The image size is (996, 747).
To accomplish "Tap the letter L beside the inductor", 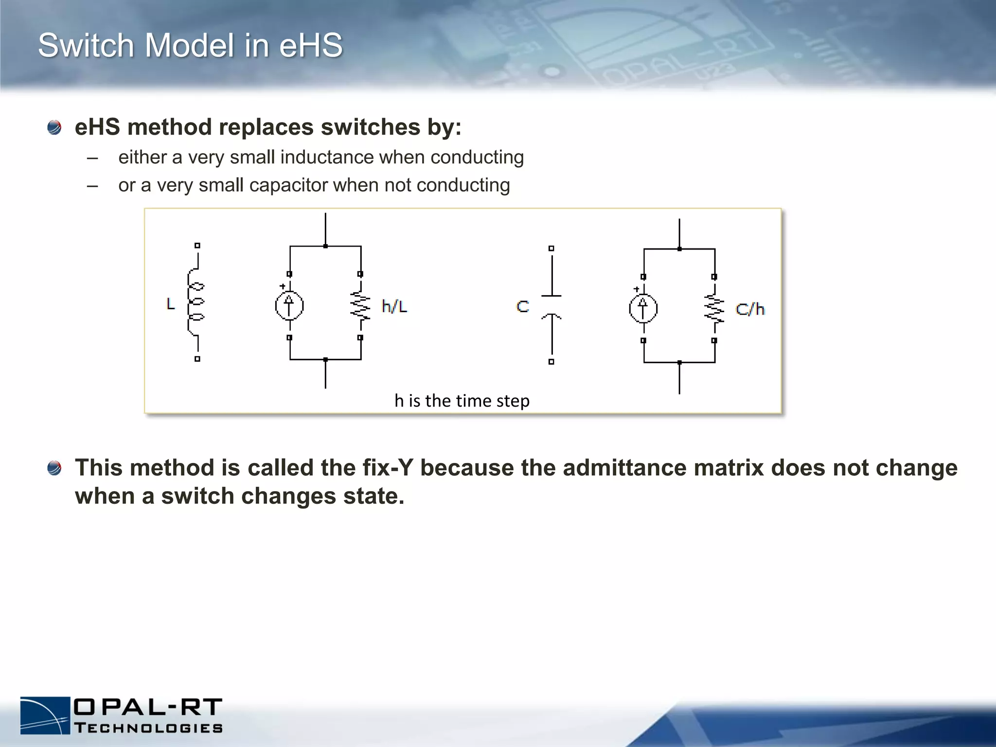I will tap(171, 304).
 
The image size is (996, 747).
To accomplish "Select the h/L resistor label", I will tap(394, 306).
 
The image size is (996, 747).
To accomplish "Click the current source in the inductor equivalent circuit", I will tap(289, 306).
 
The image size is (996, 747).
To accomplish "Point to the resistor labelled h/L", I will tap(360, 306).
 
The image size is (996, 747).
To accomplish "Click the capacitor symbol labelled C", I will tap(551, 305).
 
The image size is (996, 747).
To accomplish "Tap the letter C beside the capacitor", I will tap(523, 306).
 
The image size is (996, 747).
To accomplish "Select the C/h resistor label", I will tap(750, 309).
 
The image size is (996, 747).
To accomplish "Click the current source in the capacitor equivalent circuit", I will tap(643, 308).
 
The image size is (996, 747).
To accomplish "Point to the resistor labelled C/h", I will tap(714, 309).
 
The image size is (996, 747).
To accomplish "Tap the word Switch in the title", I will tap(86, 45).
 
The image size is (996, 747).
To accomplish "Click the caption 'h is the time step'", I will tap(462, 401).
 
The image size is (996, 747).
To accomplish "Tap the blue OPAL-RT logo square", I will tap(45, 715).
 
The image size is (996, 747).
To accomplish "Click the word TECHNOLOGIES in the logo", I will tap(149, 728).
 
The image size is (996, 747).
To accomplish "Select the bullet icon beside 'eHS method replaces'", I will tap(54, 128).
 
